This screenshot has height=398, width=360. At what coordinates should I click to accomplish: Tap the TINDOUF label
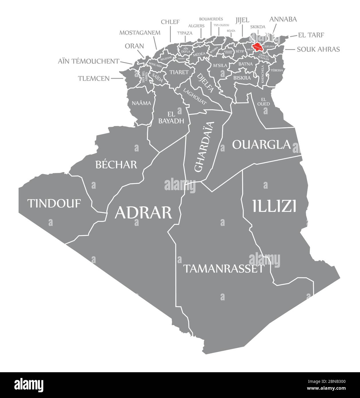click(54, 203)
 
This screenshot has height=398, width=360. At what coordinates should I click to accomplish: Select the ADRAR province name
click(143, 212)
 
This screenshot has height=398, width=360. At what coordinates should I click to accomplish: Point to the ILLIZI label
click(274, 206)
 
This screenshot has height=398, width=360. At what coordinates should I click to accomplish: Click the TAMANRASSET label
click(223, 269)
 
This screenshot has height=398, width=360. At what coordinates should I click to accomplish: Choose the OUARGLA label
click(261, 145)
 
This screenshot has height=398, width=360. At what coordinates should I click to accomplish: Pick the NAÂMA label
click(141, 103)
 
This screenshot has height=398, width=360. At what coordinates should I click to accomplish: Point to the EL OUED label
click(263, 102)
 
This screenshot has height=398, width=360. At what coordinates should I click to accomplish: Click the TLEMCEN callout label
click(94, 78)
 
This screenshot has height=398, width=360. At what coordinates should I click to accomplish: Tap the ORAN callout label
click(134, 46)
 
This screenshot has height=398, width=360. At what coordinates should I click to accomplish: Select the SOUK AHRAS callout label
click(318, 49)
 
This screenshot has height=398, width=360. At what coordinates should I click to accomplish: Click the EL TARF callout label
click(311, 35)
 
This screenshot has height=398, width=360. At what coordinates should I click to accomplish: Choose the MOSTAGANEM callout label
click(140, 32)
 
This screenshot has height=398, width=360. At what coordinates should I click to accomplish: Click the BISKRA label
click(242, 78)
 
